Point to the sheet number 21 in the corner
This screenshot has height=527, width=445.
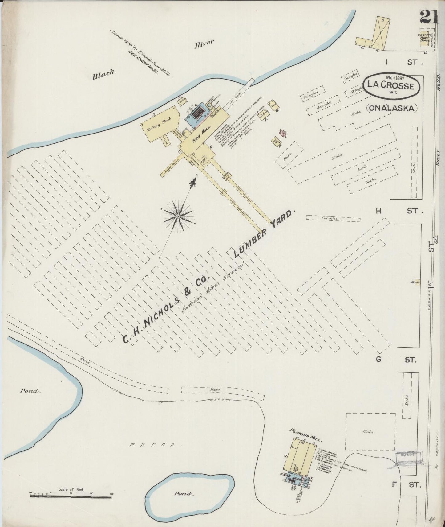(428, 17)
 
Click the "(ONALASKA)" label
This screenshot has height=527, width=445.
(392, 108)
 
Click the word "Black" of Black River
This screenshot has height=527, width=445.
(103, 74)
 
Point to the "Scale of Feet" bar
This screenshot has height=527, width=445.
(71, 497)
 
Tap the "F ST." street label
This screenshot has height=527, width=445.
(406, 484)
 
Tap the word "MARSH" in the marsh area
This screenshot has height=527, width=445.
(152, 444)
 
